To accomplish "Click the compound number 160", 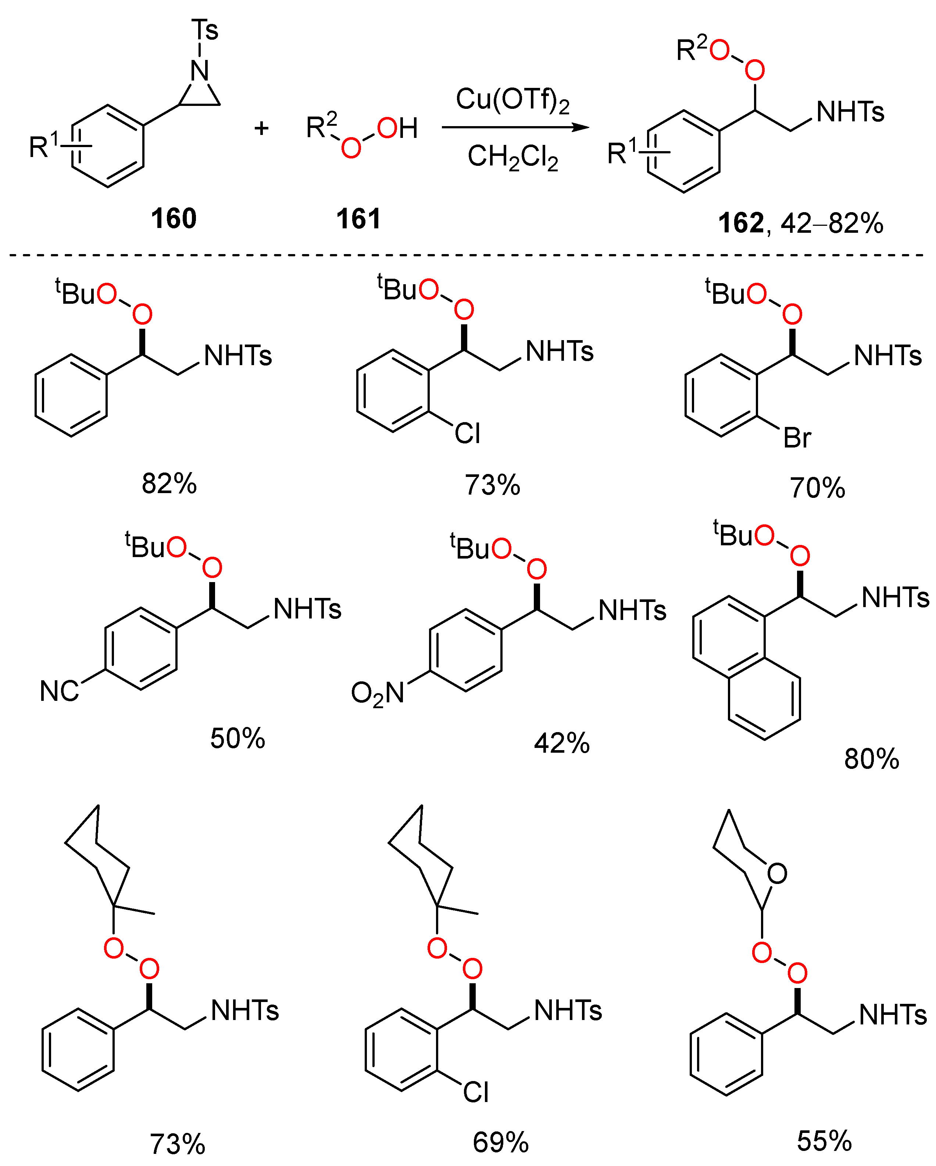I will (173, 218).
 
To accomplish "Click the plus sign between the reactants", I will (261, 128).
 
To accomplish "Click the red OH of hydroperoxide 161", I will (397, 129).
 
